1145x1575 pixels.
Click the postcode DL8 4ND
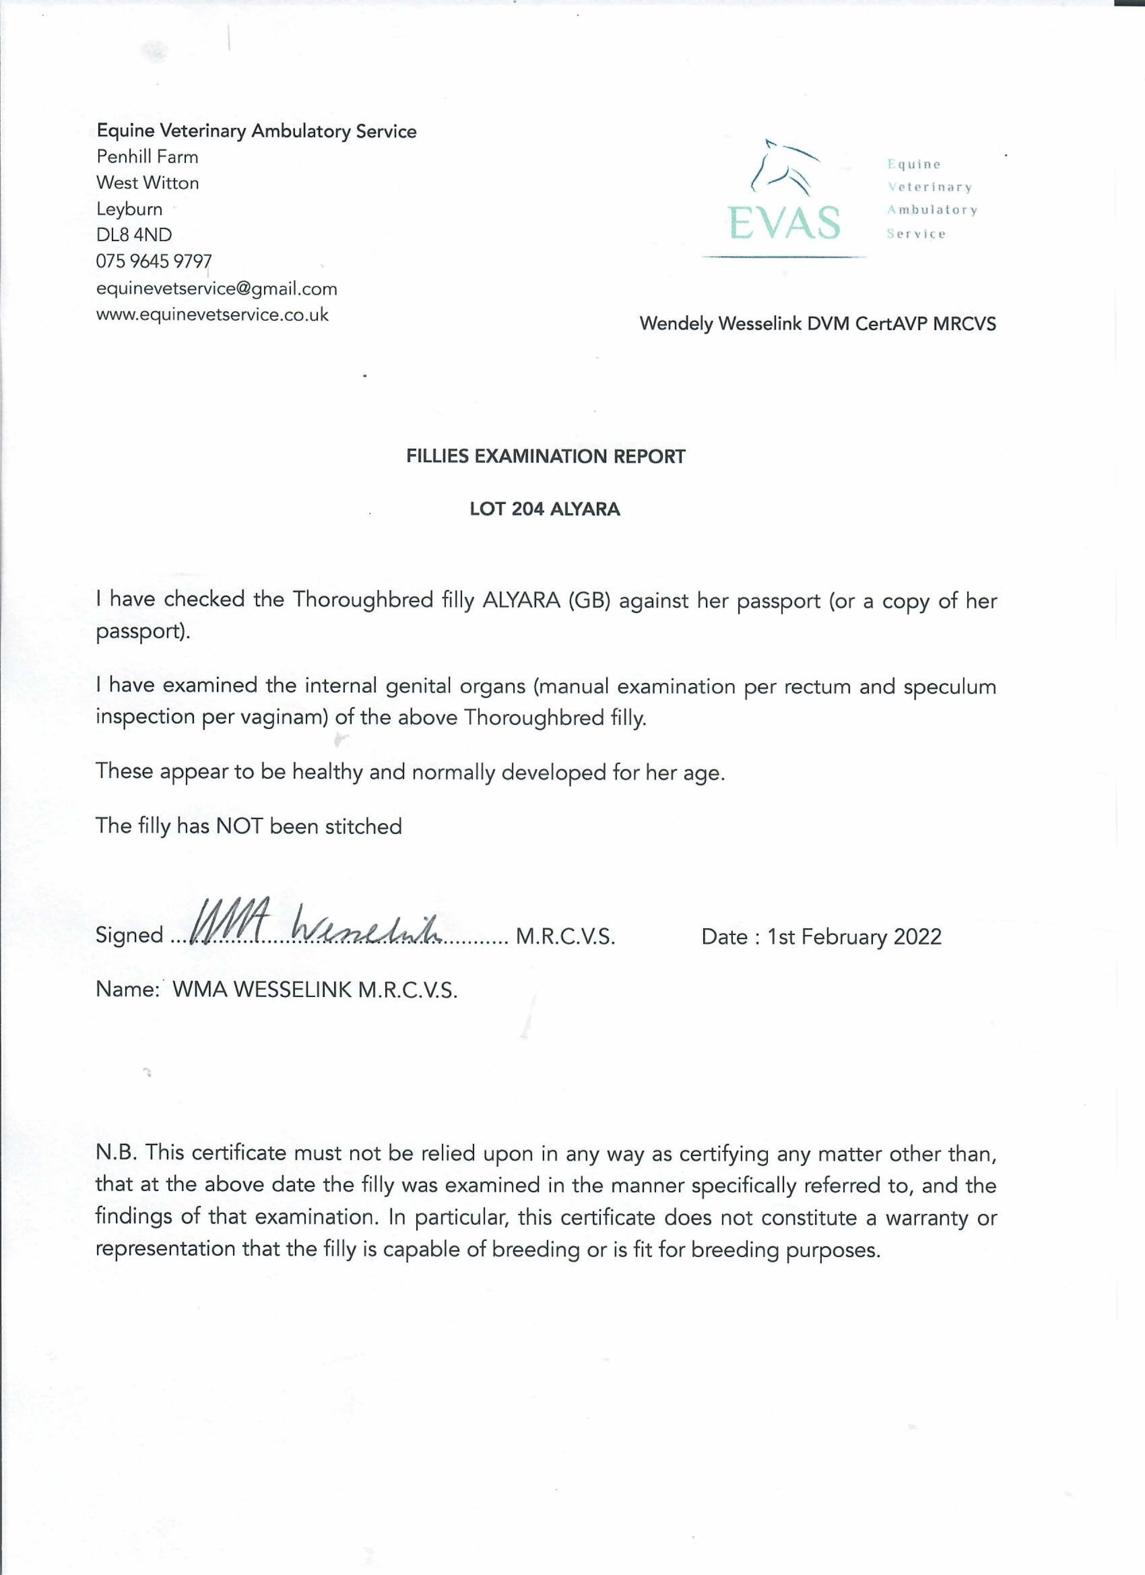tap(134, 235)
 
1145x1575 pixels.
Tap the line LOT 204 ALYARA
tap(545, 509)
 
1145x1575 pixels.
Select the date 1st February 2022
tap(854, 937)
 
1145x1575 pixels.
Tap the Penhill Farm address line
tap(147, 157)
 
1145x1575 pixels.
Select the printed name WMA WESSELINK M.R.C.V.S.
tap(315, 990)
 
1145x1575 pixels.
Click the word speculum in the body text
tap(950, 687)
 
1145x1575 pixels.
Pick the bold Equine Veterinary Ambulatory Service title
tap(256, 131)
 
